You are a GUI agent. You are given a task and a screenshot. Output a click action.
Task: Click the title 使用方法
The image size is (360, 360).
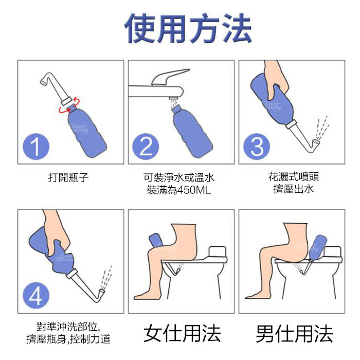[188, 28]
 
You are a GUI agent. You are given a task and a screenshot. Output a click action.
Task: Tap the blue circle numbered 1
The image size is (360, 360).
[36, 147]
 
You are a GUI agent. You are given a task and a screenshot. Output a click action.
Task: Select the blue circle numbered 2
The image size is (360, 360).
[146, 147]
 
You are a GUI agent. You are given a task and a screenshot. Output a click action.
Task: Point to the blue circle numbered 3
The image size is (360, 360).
[257, 147]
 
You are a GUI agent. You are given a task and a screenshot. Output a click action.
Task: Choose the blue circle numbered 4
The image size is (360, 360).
[36, 296]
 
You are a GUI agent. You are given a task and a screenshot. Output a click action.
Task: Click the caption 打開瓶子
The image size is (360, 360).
[68, 177]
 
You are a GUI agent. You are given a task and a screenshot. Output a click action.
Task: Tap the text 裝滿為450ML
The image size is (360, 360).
[179, 190]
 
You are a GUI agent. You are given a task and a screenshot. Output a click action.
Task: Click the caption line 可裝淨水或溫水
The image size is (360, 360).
[179, 177]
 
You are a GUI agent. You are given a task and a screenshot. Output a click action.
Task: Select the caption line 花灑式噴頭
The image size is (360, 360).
[294, 177]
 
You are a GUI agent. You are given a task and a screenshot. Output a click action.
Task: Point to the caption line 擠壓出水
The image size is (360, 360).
[294, 189]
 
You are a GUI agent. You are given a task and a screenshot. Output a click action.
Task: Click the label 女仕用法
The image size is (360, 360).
[182, 334]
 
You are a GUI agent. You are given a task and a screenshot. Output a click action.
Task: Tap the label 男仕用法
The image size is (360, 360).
[295, 334]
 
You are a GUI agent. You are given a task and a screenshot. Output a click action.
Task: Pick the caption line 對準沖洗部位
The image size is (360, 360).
[68, 327]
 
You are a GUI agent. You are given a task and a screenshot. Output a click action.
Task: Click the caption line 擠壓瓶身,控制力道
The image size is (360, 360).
[68, 339]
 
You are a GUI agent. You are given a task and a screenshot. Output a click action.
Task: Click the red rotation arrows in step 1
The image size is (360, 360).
[69, 105]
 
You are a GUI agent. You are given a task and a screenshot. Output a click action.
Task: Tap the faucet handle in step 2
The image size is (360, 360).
[170, 76]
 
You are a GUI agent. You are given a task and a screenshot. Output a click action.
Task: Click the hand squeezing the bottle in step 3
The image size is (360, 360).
[277, 77]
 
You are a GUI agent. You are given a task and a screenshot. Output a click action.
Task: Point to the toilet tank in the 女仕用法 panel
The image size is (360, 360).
[218, 253]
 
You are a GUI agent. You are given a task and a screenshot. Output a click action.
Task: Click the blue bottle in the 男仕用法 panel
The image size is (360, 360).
[317, 247]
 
